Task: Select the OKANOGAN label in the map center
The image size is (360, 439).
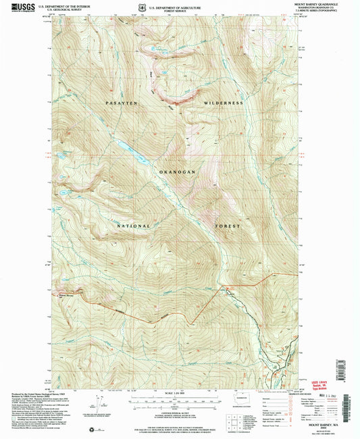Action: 177,172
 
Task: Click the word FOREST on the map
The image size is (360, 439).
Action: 227,226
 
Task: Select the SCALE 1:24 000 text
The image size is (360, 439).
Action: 178,394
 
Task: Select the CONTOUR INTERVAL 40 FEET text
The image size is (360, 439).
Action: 178,409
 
